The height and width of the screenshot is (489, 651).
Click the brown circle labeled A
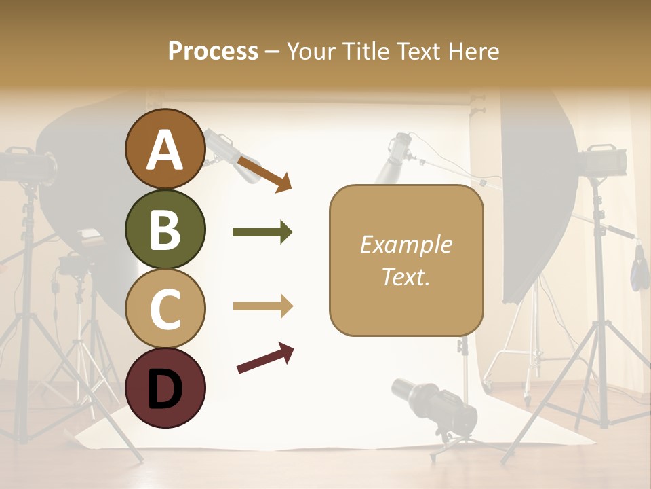[165, 149]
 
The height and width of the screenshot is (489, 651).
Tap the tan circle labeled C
[165, 308]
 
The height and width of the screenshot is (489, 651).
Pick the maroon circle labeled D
[165, 388]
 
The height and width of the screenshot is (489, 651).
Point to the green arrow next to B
[262, 232]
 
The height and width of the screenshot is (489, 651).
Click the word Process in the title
[213, 51]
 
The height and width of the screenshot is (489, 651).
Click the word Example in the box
[406, 244]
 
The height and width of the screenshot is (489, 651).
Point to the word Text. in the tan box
[406, 276]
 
